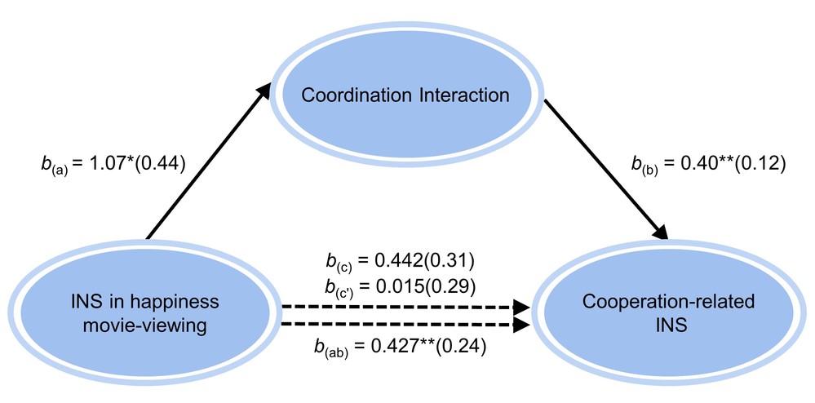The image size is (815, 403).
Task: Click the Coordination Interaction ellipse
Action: click(x=405, y=95)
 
